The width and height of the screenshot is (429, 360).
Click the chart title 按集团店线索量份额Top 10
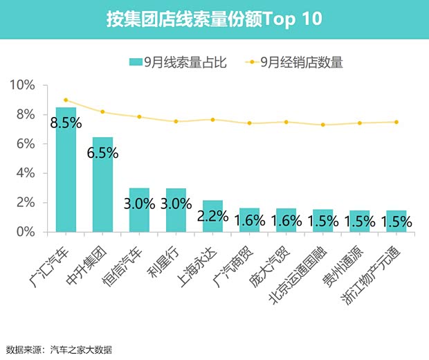(x=214, y=19)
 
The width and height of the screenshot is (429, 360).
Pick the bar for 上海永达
(x=212, y=220)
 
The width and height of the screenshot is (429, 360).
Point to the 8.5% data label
(x=66, y=124)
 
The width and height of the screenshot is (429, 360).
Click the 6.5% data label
(x=102, y=153)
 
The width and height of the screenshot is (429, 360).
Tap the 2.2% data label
(x=212, y=215)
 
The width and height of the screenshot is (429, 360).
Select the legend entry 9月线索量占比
(x=177, y=62)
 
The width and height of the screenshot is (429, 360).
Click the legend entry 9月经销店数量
(x=295, y=62)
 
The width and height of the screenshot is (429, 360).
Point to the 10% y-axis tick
(x=21, y=85)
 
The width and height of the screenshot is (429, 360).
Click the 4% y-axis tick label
(x=25, y=173)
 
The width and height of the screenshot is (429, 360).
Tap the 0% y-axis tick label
(x=25, y=232)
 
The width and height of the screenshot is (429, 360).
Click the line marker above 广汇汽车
(x=66, y=100)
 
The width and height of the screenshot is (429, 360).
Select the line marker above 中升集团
(x=102, y=111)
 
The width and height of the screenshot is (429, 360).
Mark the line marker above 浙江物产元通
(x=396, y=122)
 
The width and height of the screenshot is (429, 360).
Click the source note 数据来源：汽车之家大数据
(x=59, y=349)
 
